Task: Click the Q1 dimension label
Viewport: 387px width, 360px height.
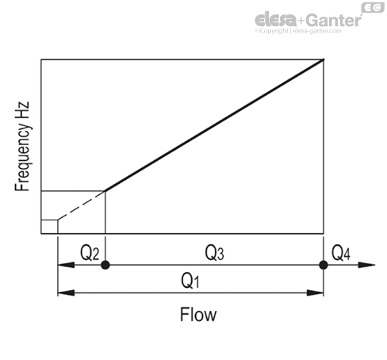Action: tap(190, 281)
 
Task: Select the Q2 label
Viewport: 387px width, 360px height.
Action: tap(90, 253)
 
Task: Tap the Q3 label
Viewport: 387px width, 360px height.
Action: tap(215, 253)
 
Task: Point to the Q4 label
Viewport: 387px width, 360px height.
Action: tap(341, 253)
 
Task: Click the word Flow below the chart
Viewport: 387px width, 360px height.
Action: tap(198, 315)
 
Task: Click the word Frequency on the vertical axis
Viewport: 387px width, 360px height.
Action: tap(22, 157)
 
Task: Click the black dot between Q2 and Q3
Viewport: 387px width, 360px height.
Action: tap(105, 265)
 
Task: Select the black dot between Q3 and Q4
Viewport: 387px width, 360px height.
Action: tap(324, 265)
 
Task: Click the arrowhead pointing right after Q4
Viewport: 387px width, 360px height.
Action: tap(367, 265)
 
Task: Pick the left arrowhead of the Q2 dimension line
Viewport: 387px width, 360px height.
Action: tap(66, 265)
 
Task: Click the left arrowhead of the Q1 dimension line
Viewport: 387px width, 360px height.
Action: tap(66, 293)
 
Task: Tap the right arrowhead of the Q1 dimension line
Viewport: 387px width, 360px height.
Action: tap(315, 293)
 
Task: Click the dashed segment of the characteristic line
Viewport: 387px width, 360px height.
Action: tap(82, 205)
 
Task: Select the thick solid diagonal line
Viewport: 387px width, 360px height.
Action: tap(214, 125)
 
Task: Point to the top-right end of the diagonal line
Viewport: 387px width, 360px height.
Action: tap(324, 59)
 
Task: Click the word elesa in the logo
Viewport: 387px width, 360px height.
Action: tap(276, 19)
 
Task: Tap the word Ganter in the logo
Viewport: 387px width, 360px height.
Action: tap(334, 20)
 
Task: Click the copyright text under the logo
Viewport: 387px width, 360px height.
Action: tap(298, 31)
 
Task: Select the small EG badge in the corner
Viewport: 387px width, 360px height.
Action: tap(373, 8)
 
